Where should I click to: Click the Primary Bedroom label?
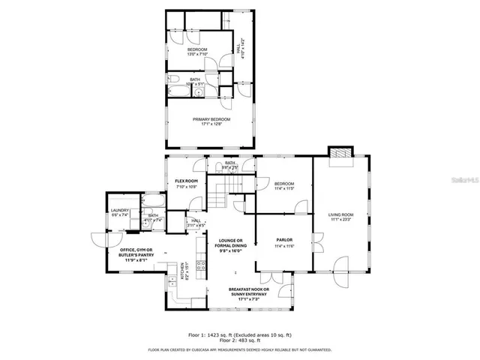point(211,119)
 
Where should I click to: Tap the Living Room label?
point(340,215)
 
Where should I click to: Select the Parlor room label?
point(283,241)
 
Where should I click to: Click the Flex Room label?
point(186,181)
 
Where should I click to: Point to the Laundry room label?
point(120,211)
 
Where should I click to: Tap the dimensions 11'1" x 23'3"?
point(340,220)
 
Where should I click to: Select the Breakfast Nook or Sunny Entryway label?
point(247,292)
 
